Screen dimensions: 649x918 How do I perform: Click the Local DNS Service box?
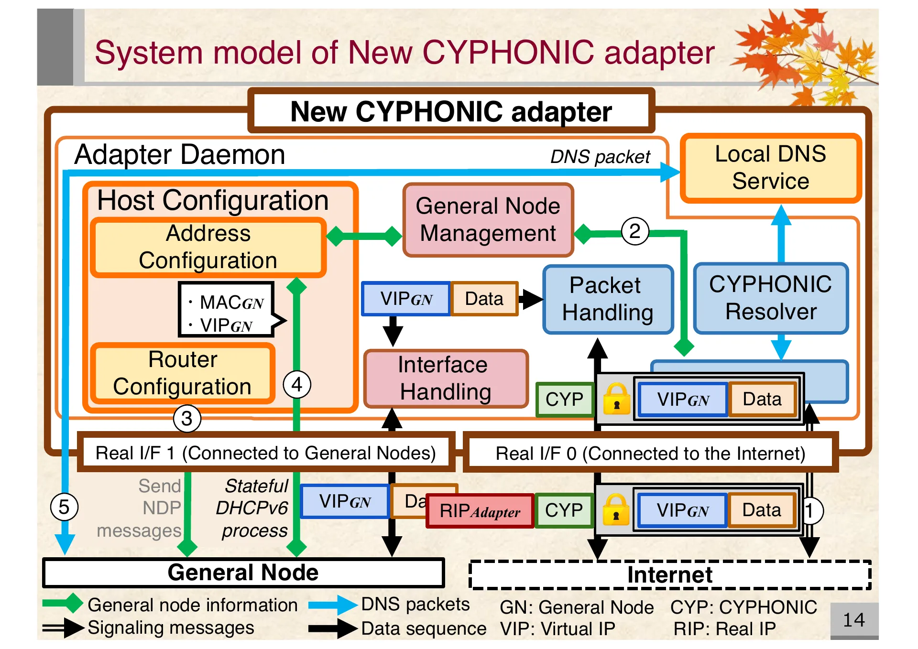coord(770,168)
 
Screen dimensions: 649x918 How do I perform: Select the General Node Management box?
coord(488,220)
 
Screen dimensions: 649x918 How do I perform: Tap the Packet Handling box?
coord(607,299)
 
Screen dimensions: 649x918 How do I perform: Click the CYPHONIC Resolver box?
coord(770,298)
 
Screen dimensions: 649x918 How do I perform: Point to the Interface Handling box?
coord(445,378)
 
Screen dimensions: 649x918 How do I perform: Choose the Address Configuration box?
coord(208,247)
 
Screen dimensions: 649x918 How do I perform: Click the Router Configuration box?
coord(183,373)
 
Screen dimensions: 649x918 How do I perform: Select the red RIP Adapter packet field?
coord(480,511)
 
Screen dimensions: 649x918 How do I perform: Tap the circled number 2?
coord(634,232)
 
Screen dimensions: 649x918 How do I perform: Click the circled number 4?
coord(297,385)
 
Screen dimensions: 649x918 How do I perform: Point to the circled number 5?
coord(64,507)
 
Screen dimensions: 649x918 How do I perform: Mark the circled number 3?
coord(187,419)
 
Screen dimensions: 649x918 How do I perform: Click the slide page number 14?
coord(853,620)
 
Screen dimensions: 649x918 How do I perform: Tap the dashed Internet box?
coord(669,575)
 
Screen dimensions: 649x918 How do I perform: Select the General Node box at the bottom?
coord(243,573)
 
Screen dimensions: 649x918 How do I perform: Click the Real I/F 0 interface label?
coord(650,453)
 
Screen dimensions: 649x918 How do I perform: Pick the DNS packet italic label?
coord(600,157)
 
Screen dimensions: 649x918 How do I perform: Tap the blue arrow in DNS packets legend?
coord(333,605)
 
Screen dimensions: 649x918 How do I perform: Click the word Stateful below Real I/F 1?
coord(256,486)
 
